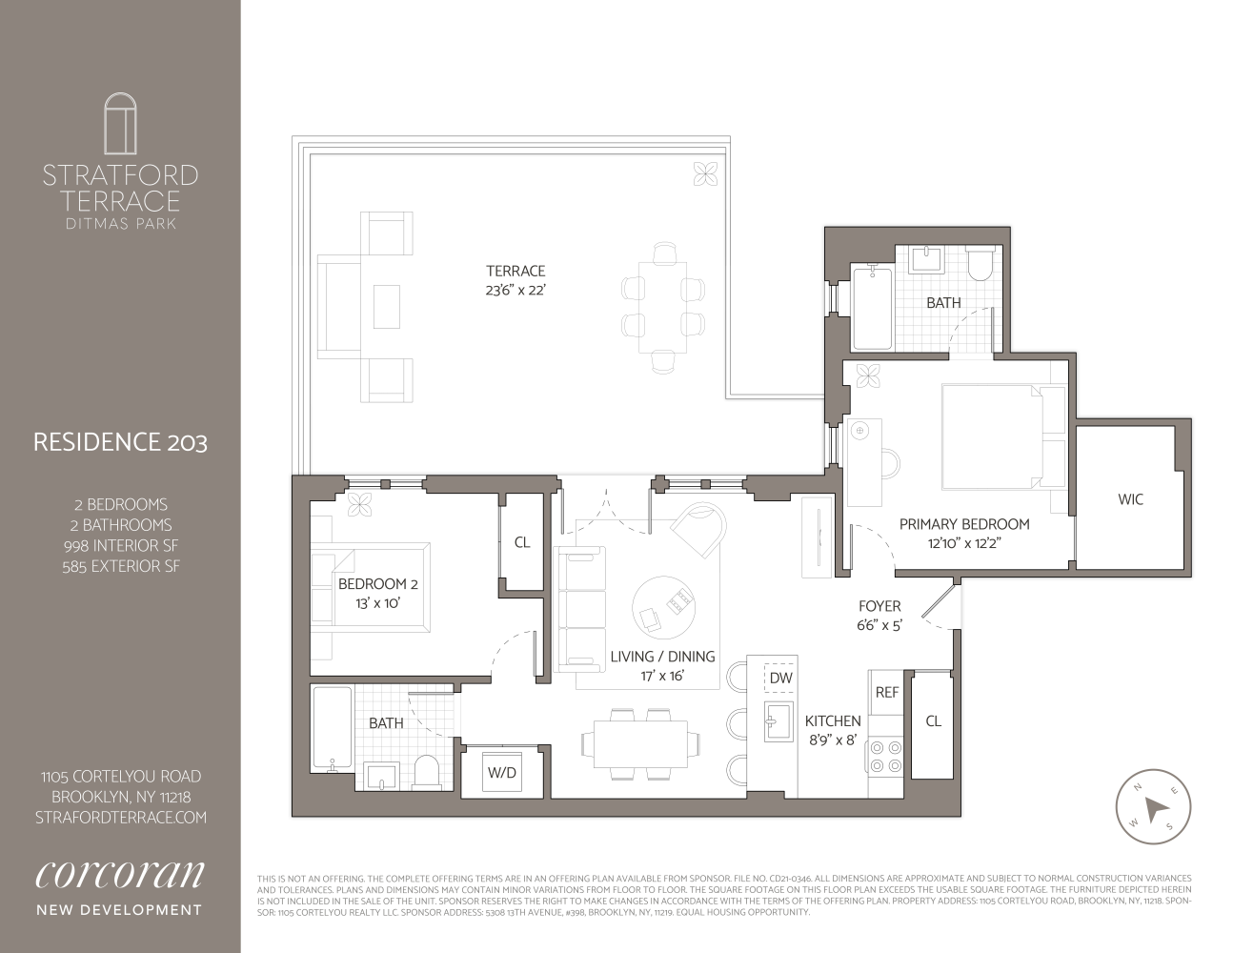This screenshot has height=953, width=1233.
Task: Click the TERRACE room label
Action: click(515, 272)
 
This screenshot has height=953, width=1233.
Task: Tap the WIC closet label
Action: click(1130, 499)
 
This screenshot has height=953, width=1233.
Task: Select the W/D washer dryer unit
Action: click(502, 772)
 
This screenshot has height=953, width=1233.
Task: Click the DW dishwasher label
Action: click(780, 678)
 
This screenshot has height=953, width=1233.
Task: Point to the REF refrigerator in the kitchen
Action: click(886, 693)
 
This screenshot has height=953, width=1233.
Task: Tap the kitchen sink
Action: click(778, 721)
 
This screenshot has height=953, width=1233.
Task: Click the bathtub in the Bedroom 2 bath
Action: click(333, 729)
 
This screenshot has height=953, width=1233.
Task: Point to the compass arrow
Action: click(1154, 808)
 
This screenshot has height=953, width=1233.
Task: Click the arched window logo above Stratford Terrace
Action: click(120, 124)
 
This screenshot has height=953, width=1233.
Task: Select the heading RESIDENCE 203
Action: click(120, 442)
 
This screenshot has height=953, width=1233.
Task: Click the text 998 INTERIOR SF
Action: click(121, 546)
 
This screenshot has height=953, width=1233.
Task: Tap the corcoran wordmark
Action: click(120, 875)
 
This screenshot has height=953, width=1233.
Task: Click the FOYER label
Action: click(879, 606)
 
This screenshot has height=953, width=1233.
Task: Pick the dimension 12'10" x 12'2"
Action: click(964, 543)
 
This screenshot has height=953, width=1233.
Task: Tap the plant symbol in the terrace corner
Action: click(705, 174)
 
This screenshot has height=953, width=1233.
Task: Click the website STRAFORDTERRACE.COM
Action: click(121, 818)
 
